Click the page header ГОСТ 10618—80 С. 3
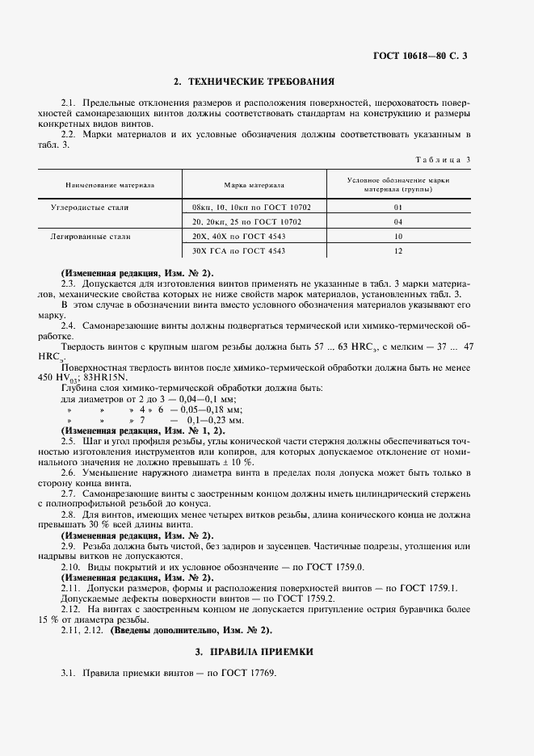(420, 56)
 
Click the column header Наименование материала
(110, 185)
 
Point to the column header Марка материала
(254, 185)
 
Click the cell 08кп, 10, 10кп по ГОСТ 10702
(253, 208)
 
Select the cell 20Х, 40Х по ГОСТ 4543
(239, 237)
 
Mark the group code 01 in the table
(398, 208)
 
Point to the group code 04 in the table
(398, 221)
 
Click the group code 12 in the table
(398, 251)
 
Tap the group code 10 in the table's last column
(398, 237)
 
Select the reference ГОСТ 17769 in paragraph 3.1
(251, 674)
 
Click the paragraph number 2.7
(69, 493)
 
